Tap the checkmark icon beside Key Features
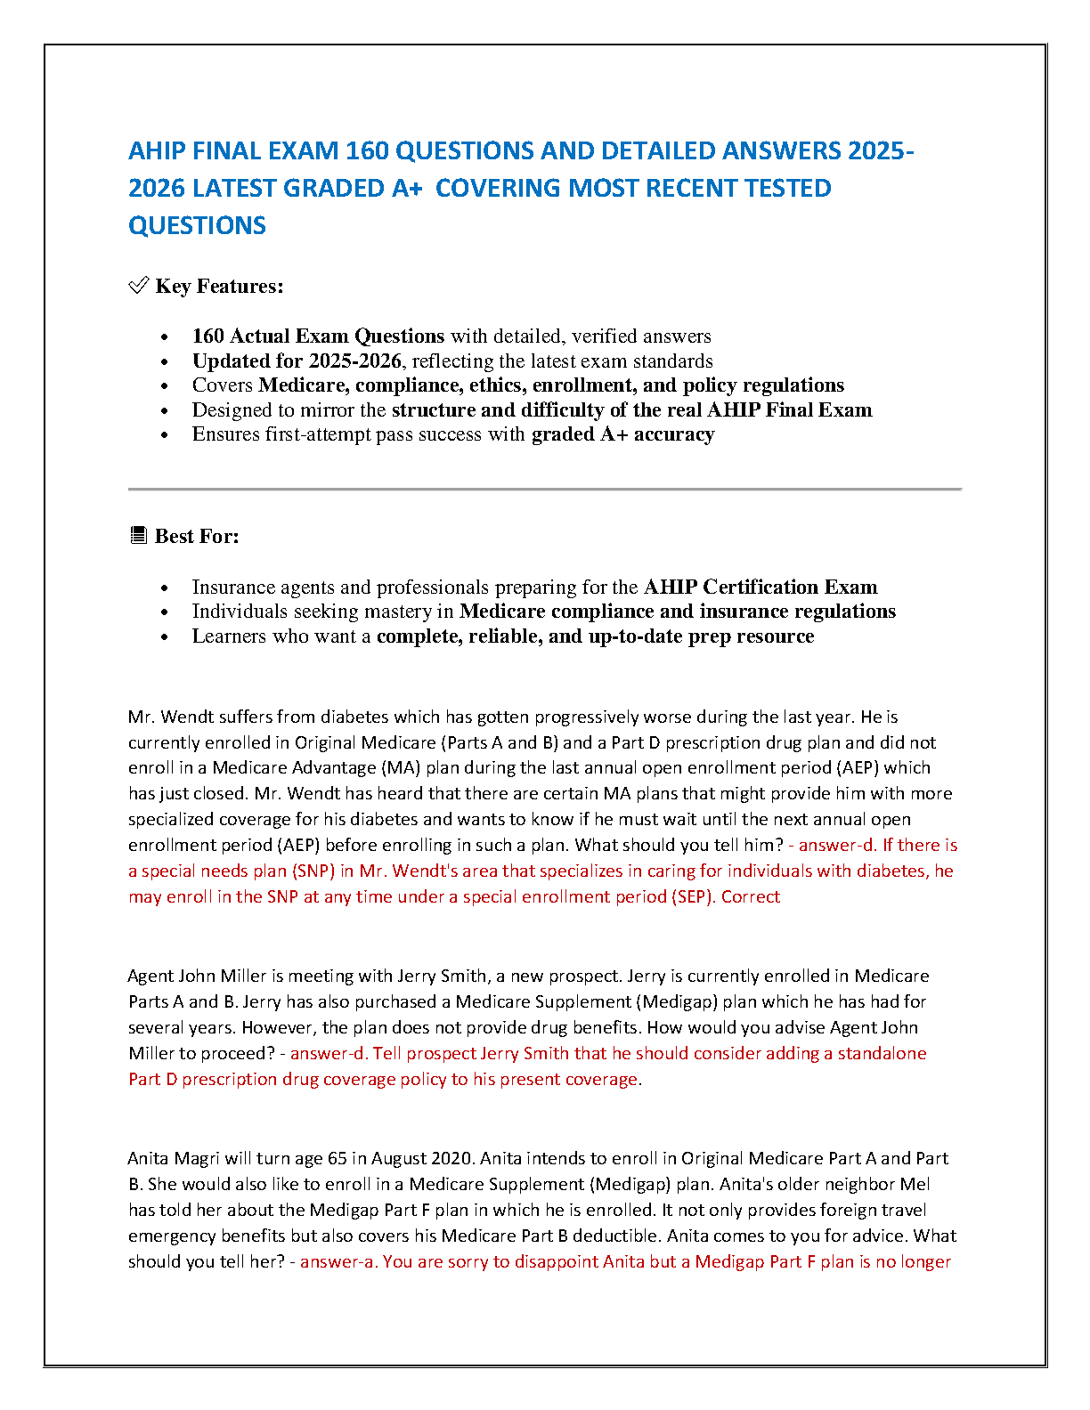click(138, 286)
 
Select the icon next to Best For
click(138, 536)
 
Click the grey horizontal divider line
click(544, 489)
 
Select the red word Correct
click(751, 897)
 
